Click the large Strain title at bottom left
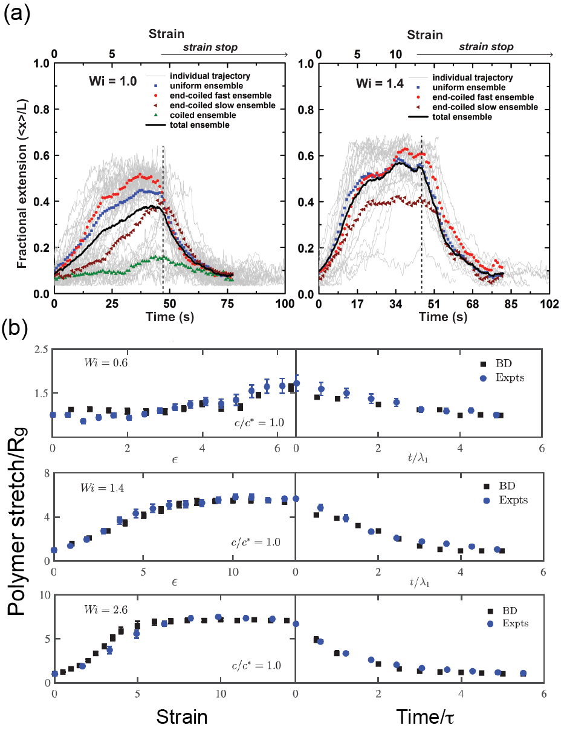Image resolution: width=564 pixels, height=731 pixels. pos(182,717)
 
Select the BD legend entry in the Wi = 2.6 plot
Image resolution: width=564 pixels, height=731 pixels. pos(494,612)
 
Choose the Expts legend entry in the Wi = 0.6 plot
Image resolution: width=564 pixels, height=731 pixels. pos(507,377)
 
